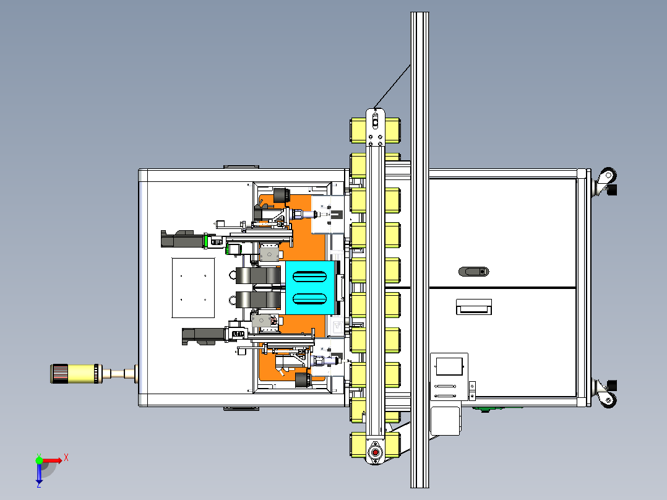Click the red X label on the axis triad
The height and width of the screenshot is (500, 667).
66,458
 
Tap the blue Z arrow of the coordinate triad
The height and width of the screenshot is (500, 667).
39,474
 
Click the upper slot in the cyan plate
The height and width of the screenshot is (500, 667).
309,277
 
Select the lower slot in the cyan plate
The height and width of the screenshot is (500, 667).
309,299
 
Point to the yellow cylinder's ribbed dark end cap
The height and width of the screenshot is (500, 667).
59,374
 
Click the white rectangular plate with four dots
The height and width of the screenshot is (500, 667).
193,288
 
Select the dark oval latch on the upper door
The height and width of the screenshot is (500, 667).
474,272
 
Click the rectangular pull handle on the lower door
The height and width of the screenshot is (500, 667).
474,307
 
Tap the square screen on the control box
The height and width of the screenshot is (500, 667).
450,366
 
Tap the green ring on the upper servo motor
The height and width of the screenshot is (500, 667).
205,241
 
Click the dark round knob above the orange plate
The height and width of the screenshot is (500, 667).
281,196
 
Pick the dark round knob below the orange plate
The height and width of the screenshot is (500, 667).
303,379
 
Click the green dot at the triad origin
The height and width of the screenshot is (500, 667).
39,460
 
